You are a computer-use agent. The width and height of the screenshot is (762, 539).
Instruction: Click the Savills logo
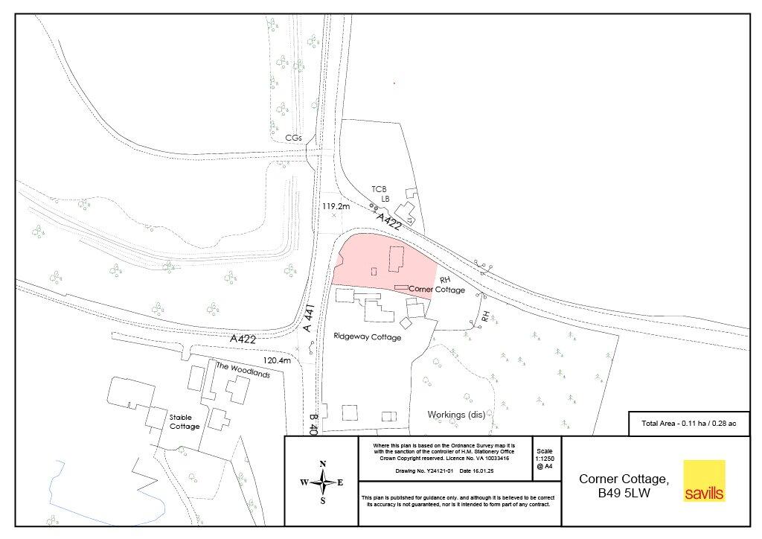tap(704, 481)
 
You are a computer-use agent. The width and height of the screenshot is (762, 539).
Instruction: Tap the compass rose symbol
tap(322, 482)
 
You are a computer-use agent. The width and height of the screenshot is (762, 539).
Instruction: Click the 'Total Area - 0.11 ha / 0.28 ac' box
tap(688, 423)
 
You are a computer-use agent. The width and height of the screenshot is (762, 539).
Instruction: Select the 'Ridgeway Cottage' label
tap(368, 337)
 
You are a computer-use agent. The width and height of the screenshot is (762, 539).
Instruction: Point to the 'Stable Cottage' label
tap(185, 421)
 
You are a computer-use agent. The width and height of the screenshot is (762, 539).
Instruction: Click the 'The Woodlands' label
tap(243, 370)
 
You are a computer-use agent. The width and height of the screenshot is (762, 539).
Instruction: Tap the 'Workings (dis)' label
tap(456, 415)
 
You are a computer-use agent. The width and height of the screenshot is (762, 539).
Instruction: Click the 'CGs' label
tap(294, 138)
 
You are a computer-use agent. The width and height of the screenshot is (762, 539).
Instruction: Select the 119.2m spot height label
tap(336, 205)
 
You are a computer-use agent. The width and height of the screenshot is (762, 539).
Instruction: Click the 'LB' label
tap(385, 199)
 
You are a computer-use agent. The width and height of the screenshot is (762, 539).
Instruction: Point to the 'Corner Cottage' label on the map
tap(437, 290)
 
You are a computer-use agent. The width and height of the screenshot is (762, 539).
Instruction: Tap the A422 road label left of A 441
tap(243, 339)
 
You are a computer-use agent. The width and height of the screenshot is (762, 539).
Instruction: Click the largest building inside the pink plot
tap(395, 260)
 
